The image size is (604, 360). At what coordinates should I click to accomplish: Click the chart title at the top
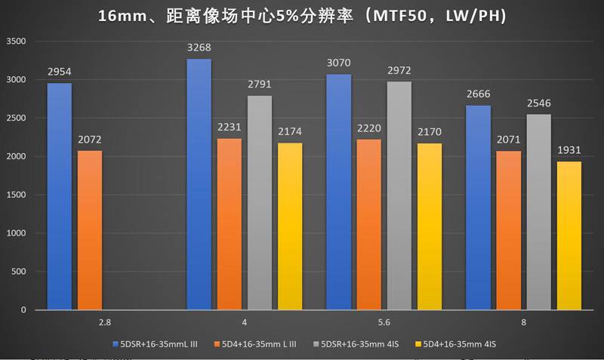point(302,14)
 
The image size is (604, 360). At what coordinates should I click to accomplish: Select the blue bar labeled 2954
point(60,196)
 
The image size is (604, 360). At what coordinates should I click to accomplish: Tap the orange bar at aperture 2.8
point(89,230)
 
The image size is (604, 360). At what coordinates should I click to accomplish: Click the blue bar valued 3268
point(199,184)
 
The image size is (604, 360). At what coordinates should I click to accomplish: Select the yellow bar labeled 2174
point(289,226)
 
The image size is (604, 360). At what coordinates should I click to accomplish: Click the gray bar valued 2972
point(399,195)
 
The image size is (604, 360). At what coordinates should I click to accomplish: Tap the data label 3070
point(339,63)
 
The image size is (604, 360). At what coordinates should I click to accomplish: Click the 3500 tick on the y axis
point(15,42)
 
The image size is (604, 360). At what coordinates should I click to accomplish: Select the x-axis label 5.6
point(384,322)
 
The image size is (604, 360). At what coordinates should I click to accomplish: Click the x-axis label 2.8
point(104,322)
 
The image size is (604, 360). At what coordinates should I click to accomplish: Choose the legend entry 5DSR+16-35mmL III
point(158,344)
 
